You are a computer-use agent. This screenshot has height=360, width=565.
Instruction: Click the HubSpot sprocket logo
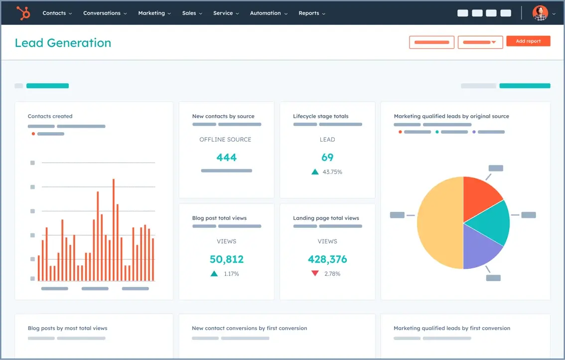[23, 13]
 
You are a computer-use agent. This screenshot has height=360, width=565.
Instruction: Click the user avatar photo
[540, 13]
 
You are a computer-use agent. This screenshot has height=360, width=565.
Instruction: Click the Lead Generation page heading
[63, 43]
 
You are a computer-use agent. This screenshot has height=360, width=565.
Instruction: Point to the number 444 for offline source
[226, 158]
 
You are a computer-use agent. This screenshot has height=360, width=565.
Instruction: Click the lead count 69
[327, 158]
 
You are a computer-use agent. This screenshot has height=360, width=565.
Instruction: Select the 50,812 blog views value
[226, 259]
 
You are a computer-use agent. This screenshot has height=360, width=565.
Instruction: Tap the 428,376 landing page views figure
[327, 259]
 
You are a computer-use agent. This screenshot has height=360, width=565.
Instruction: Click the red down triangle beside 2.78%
[315, 273]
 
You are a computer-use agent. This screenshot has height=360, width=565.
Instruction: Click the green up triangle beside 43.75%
[315, 172]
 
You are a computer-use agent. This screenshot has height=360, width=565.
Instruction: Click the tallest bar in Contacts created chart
[114, 229]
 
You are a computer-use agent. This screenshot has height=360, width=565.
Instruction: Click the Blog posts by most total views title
[67, 328]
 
